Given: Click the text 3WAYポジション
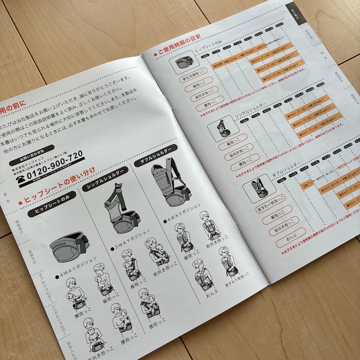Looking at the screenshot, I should (x=131, y=238).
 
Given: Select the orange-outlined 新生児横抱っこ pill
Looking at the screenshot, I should (x=193, y=79).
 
